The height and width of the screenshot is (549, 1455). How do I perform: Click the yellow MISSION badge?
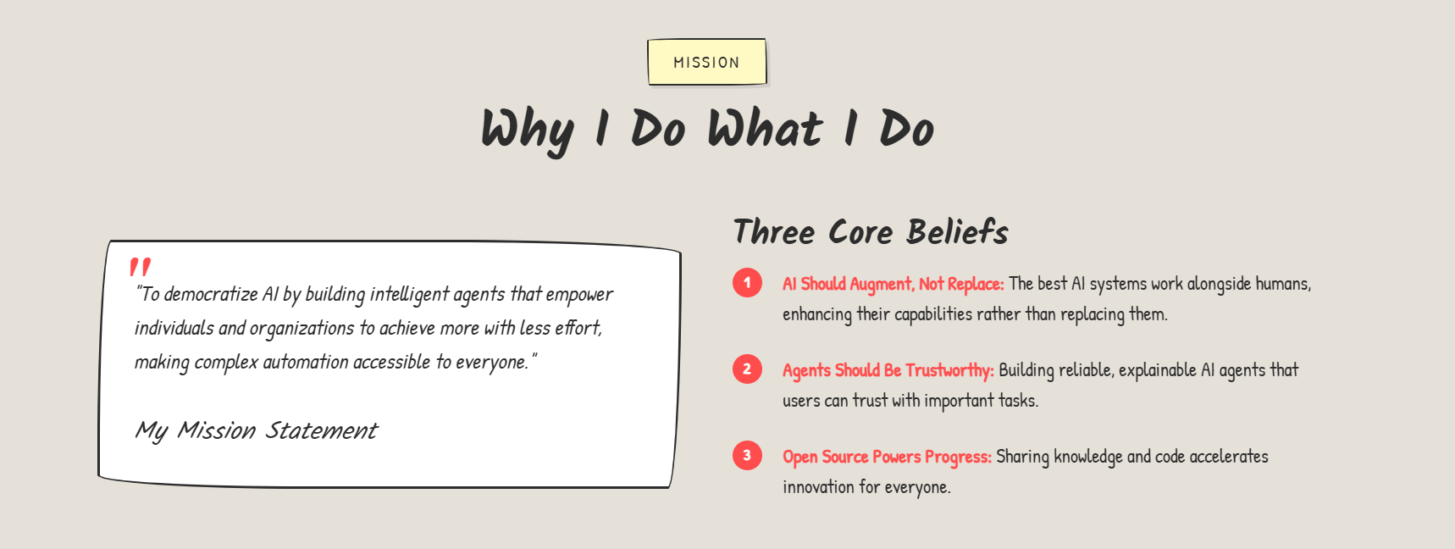click(x=707, y=62)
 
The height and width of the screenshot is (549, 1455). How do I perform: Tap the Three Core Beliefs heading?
click(x=871, y=231)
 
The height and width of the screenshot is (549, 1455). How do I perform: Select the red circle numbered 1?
click(x=747, y=283)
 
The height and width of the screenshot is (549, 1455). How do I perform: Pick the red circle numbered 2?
click(x=747, y=369)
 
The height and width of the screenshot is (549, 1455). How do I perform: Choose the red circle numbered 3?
click(x=747, y=456)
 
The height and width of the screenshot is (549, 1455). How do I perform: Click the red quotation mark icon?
click(x=141, y=267)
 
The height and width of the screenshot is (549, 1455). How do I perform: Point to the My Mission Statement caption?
click(x=256, y=430)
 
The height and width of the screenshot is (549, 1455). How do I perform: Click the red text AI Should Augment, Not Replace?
click(x=893, y=284)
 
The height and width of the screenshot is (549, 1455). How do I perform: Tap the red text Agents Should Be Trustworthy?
click(x=888, y=370)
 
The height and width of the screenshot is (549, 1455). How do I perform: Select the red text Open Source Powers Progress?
click(x=887, y=457)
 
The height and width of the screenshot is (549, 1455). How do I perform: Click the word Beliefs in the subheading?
click(x=957, y=231)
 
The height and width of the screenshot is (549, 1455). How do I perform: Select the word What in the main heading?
click(x=765, y=129)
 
